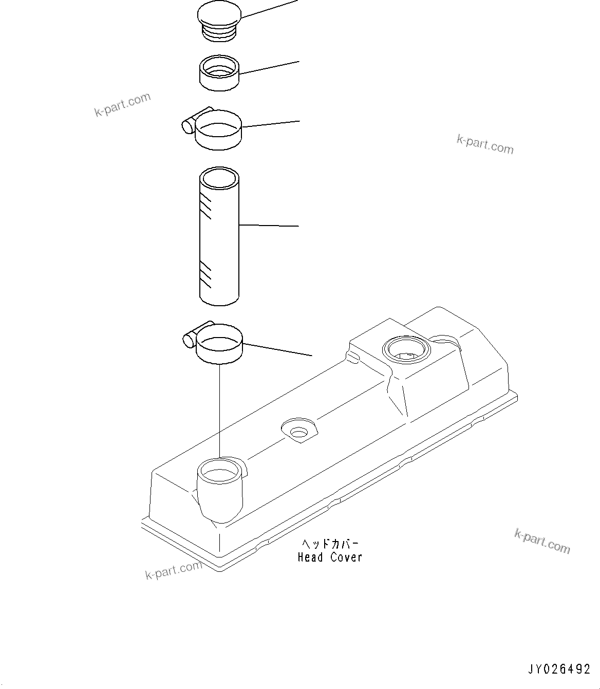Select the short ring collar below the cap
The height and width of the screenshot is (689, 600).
pos(219,75)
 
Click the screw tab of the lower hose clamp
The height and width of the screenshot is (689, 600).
pos(190,339)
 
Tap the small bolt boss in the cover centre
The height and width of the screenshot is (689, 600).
pos(299,431)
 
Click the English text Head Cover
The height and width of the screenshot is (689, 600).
pos(330,557)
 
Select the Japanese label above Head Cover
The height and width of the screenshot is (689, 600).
pos(330,544)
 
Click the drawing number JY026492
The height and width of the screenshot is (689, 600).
pos(559,669)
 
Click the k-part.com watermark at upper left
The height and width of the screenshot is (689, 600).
pos(122,105)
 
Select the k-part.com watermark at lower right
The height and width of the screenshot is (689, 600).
pos(542,542)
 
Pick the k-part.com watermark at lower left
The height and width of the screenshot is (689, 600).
pos(174,570)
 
